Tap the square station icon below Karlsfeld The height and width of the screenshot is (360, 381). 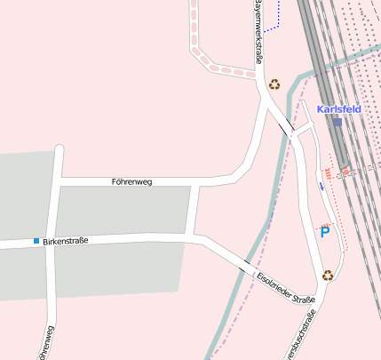(337, 122)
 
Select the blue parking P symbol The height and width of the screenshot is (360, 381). (324, 232)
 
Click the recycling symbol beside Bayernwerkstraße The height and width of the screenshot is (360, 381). (274, 84)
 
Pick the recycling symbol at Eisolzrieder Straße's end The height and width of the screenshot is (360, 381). (327, 276)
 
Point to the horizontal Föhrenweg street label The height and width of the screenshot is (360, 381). (132, 181)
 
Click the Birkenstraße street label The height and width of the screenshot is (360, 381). (66, 241)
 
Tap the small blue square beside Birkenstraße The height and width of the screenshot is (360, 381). (36, 241)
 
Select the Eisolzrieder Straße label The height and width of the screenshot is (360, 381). (286, 288)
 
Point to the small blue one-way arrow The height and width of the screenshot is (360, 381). (321, 186)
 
